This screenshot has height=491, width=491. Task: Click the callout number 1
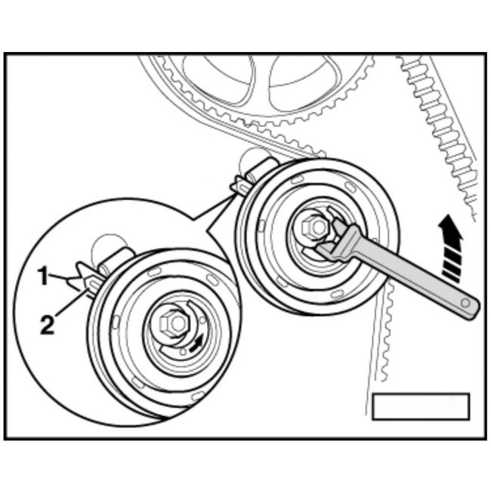[x=43, y=276]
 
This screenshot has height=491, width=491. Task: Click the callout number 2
[x=48, y=325]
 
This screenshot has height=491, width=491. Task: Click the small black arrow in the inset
[x=196, y=342]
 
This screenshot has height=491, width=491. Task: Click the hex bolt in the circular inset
[x=174, y=323]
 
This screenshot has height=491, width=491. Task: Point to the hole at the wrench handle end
[x=465, y=303]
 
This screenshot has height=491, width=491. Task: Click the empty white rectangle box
[x=421, y=406]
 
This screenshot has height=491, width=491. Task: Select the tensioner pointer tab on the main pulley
[x=240, y=187]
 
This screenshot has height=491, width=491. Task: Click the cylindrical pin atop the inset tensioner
[x=116, y=261]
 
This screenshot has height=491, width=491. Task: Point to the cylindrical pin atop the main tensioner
[x=262, y=171]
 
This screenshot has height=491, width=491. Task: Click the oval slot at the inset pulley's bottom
[x=198, y=396]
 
